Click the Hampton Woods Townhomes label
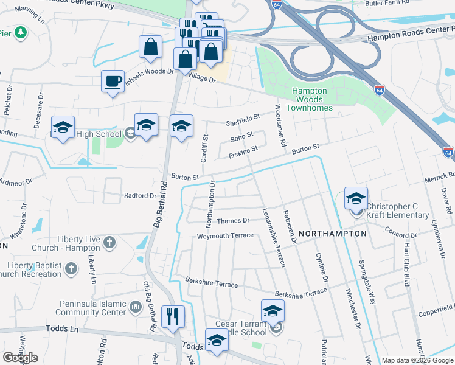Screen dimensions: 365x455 (x=310, y=99)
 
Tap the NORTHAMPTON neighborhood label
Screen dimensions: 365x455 (x=333, y=233)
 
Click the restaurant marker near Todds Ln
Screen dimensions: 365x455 (x=173, y=316)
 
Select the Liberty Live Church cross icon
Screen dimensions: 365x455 (x=109, y=243)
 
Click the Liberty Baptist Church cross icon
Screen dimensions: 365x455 (x=71, y=267)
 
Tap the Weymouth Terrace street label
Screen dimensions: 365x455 (x=224, y=235)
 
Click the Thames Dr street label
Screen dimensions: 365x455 (x=234, y=221)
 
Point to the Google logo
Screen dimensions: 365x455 (x=20, y=358)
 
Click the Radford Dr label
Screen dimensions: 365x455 (x=141, y=196)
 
